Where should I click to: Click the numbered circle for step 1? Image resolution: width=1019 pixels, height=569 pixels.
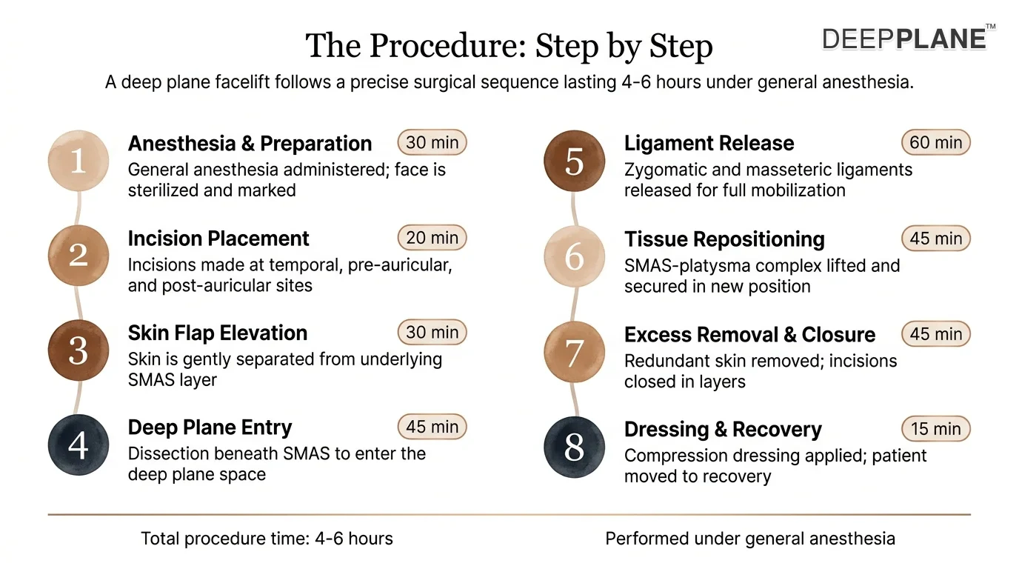click(x=78, y=161)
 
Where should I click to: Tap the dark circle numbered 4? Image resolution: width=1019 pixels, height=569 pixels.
click(x=78, y=445)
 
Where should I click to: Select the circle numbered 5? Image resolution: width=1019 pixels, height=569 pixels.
click(x=575, y=161)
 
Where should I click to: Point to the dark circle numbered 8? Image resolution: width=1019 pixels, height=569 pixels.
click(x=575, y=447)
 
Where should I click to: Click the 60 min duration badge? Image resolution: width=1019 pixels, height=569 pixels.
click(x=936, y=142)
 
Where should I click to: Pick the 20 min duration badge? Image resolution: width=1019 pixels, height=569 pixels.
click(x=432, y=238)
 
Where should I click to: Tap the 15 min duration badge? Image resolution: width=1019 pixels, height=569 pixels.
click(x=936, y=429)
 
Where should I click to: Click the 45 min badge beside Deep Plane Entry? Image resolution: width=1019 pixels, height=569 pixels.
click(x=432, y=427)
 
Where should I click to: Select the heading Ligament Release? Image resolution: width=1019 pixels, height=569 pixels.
click(x=709, y=143)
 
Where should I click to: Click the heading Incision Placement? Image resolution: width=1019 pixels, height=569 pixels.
click(x=218, y=239)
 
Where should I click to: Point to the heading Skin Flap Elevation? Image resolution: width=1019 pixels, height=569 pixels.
click(x=218, y=333)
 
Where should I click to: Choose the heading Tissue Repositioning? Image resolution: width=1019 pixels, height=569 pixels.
click(x=724, y=239)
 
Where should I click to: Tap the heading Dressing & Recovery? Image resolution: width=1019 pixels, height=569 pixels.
click(x=723, y=429)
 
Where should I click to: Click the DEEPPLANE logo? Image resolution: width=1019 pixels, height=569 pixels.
click(x=904, y=39)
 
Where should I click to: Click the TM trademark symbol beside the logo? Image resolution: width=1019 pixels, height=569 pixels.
click(x=991, y=27)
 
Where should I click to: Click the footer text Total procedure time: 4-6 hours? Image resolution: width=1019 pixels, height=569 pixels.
click(x=267, y=539)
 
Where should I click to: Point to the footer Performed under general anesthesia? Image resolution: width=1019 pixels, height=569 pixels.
click(x=750, y=539)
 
